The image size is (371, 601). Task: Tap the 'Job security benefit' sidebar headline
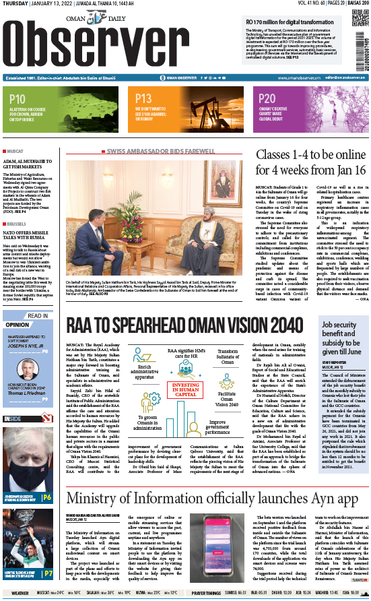tap(339, 338)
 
